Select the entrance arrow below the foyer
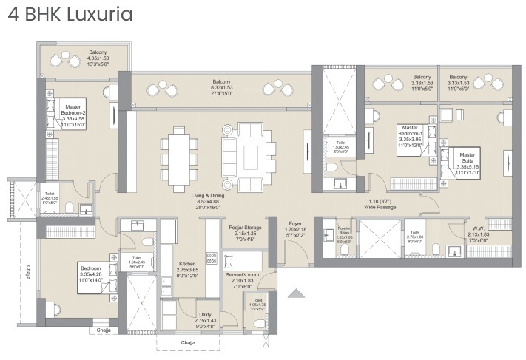pyautogui.click(x=297, y=293)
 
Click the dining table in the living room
pyautogui.click(x=179, y=153)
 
